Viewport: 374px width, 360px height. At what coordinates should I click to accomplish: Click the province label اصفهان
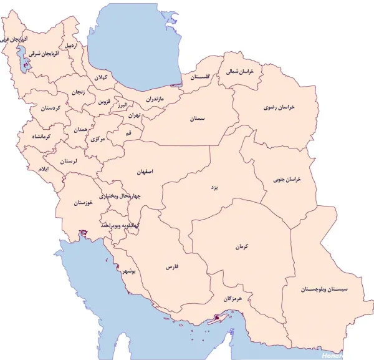[x=144, y=170]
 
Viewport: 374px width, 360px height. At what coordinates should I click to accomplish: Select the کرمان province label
[x=242, y=247]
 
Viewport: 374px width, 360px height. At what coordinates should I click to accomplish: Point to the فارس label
[x=172, y=266]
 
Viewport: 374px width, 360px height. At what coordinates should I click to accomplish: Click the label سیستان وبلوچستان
[x=325, y=289]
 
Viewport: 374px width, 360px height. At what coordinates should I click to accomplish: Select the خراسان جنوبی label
[x=287, y=180]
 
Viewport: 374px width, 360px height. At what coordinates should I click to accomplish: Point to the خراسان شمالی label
[x=242, y=73]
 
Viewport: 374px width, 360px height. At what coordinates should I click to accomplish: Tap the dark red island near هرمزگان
[x=216, y=318]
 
